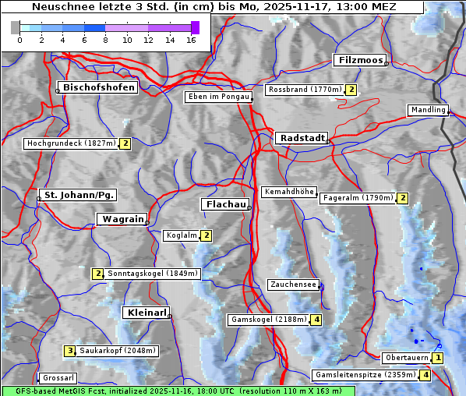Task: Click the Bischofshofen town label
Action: click(100, 87)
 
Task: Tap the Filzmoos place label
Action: click(359, 60)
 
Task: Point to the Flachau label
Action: click(224, 204)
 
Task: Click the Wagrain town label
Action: click(122, 219)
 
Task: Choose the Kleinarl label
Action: click(146, 313)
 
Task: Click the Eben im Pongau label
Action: click(217, 97)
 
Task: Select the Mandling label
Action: click(427, 110)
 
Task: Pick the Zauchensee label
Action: click(293, 285)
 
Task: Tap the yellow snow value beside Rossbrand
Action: click(351, 90)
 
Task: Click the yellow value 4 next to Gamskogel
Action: click(316, 320)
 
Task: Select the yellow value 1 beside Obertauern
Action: click(438, 358)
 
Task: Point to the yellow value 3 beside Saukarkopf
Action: click(69, 351)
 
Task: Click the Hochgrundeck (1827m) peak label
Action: click(71, 143)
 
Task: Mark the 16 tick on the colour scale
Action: click(191, 40)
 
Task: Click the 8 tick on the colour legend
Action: click(105, 40)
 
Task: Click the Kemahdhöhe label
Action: click(288, 192)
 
